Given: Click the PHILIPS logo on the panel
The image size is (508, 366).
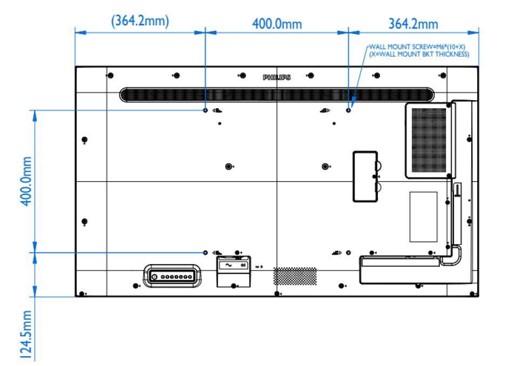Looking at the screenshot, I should (x=276, y=78).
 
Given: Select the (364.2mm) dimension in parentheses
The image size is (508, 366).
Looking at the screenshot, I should (x=140, y=23).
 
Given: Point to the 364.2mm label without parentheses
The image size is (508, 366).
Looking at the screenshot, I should (x=414, y=24).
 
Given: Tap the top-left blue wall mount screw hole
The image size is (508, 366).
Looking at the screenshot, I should (x=205, y=110).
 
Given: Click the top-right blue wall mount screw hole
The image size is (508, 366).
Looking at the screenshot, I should (x=348, y=110).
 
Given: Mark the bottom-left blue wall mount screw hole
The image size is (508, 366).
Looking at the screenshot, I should (x=205, y=252).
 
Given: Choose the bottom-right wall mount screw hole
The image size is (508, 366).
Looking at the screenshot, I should (x=348, y=252).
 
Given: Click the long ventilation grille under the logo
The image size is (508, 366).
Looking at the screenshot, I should (x=276, y=95).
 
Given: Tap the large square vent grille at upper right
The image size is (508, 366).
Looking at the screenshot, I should (x=429, y=140).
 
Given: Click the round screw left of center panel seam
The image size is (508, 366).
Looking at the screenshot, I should (x=228, y=166).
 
